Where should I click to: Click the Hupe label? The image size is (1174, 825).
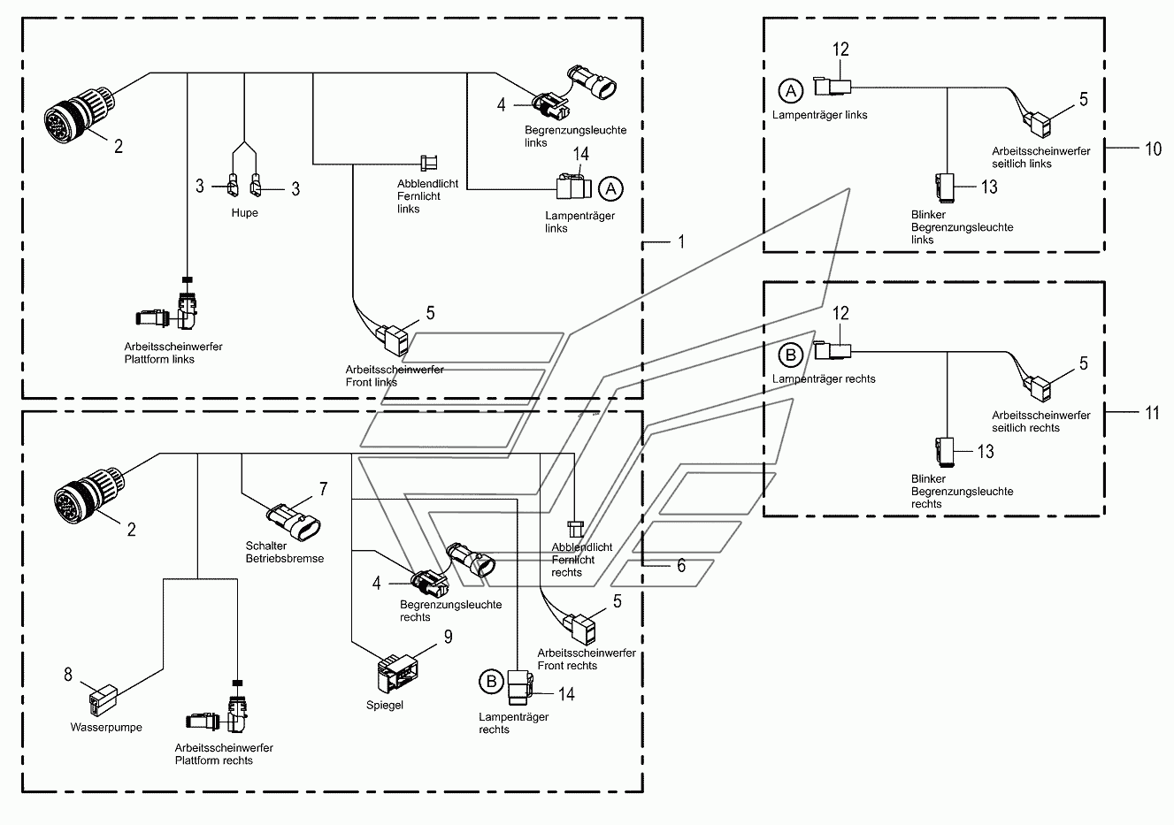244,213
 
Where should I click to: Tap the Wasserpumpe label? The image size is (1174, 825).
106,727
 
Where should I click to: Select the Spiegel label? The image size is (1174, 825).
385,705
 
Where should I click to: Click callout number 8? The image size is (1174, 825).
68,674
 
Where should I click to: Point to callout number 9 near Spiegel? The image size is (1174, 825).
449,637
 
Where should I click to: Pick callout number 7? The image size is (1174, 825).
324,489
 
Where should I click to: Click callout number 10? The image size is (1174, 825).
1153,149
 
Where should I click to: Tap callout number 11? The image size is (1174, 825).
1152,413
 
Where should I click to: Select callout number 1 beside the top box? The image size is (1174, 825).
681,241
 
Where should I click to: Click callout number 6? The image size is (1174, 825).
681,565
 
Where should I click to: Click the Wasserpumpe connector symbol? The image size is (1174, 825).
103,700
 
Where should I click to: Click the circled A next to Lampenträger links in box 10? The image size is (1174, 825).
791,91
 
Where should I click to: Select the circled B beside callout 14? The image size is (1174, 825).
492,681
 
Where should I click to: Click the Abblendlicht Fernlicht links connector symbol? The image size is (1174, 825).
429,163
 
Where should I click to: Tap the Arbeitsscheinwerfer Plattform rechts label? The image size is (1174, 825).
224,753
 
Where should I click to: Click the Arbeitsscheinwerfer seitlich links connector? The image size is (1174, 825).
1037,124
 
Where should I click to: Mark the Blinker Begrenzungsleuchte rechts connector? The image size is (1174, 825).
945,452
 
